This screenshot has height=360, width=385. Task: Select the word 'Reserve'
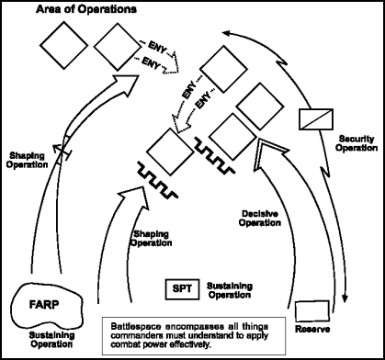point(313,330)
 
